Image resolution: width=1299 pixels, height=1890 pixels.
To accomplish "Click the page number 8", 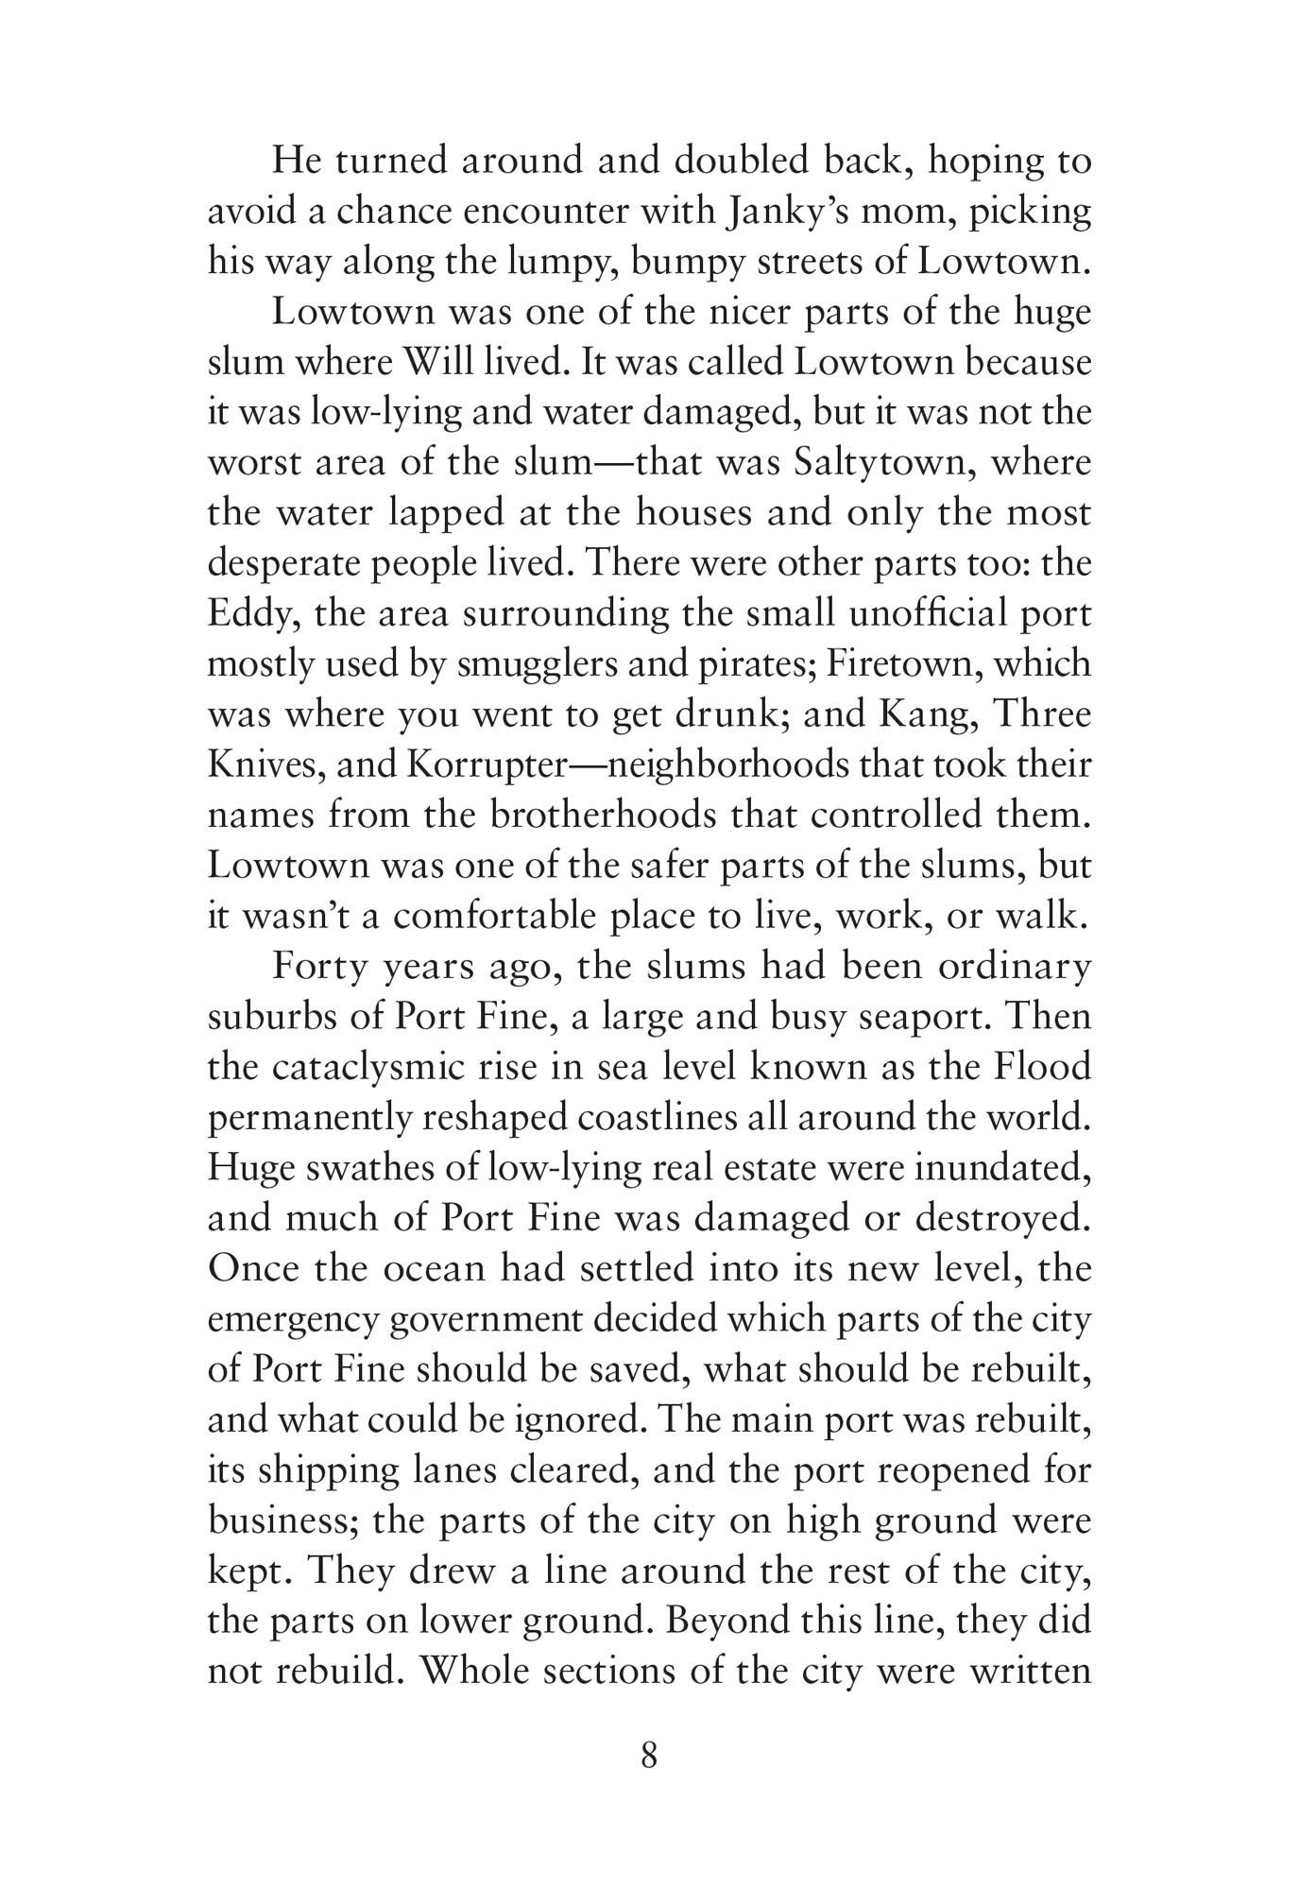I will point(649,1756).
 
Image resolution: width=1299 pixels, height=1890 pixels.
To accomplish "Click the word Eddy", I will point(250,614).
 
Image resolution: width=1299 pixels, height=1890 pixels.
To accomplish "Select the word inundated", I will point(1003,1168).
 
